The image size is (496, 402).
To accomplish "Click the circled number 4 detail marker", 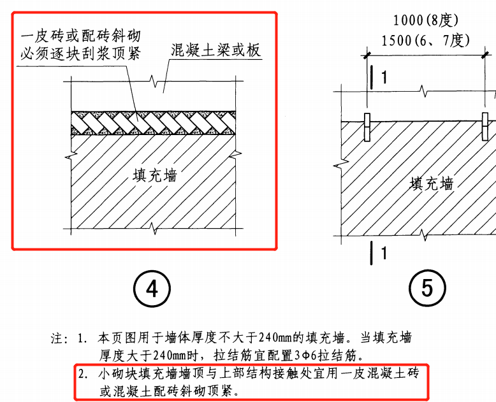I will pos(151,289).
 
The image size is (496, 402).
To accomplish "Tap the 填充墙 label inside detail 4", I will pos(155,175).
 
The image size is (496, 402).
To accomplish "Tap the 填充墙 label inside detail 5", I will pos(432,184).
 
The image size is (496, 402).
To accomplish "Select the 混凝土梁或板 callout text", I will pos(216,50).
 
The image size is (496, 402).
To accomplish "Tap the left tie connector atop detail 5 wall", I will pos(368,128).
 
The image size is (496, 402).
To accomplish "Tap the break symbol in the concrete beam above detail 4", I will pos(152,82).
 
